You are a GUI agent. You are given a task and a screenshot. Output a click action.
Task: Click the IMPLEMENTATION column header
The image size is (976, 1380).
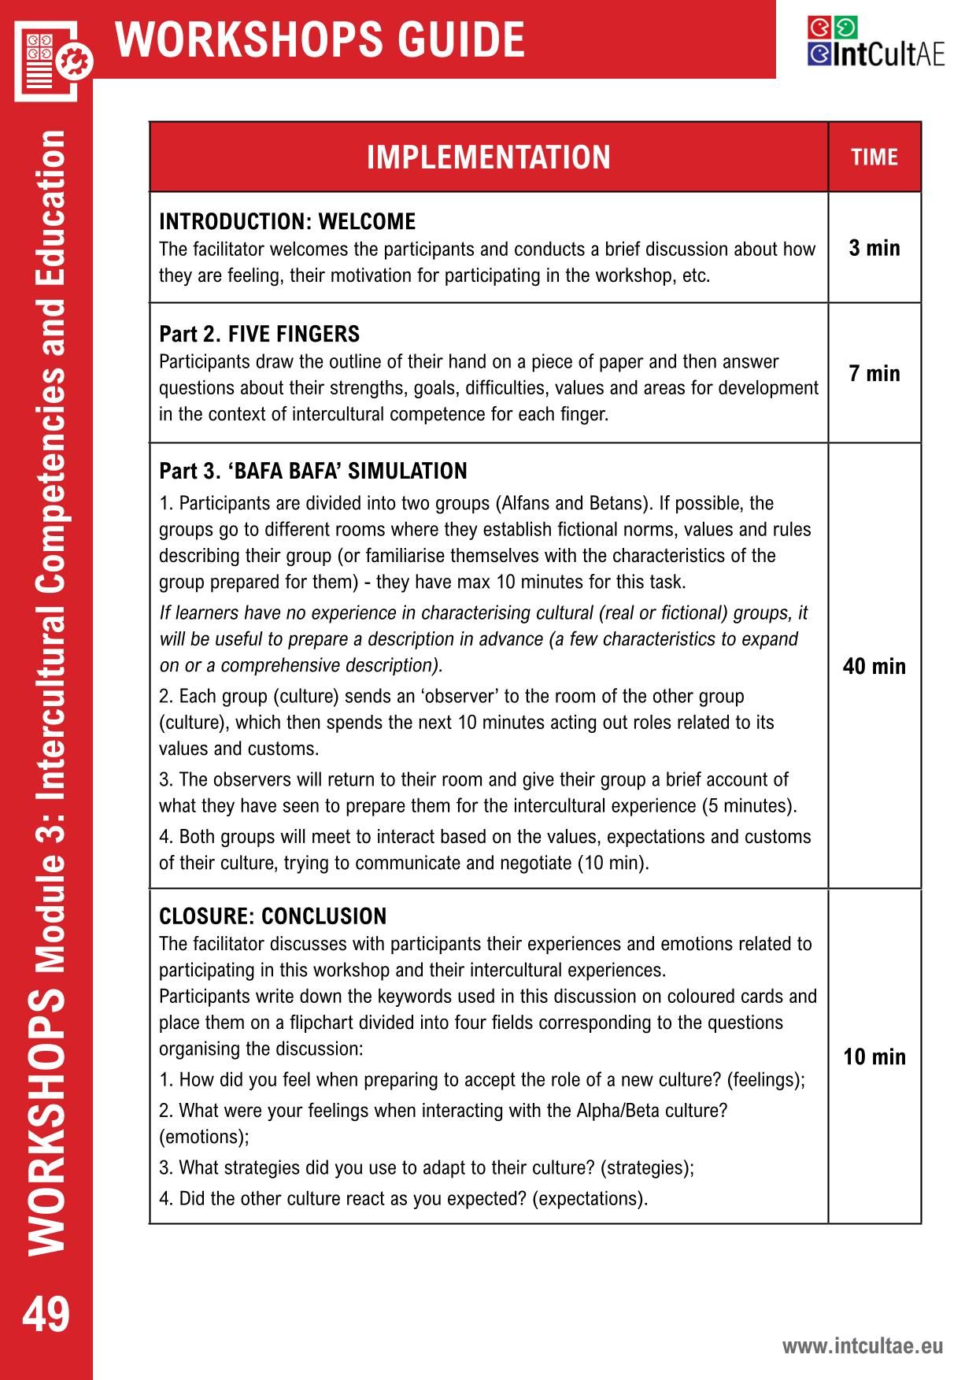coord(488,157)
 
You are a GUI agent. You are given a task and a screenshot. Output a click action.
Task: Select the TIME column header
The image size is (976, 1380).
coord(874,157)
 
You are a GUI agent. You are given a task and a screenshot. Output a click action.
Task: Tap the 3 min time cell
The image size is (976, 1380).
coord(874,248)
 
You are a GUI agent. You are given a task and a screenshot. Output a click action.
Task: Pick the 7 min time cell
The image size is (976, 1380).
coord(874,373)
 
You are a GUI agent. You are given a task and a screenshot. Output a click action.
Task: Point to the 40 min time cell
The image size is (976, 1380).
coord(874,667)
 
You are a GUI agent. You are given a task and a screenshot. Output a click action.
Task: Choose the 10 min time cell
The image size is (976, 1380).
coord(874,1056)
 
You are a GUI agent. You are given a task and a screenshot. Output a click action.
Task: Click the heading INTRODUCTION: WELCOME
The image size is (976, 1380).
coord(287,221)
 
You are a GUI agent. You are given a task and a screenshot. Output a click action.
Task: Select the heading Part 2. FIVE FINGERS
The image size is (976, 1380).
coord(260,334)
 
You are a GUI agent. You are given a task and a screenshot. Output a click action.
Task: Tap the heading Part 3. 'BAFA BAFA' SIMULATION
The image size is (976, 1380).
coord(313,471)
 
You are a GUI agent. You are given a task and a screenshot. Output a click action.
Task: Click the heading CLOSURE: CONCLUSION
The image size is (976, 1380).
coord(273,916)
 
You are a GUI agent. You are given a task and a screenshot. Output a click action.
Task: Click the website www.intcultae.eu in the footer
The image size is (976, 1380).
coord(862,1346)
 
